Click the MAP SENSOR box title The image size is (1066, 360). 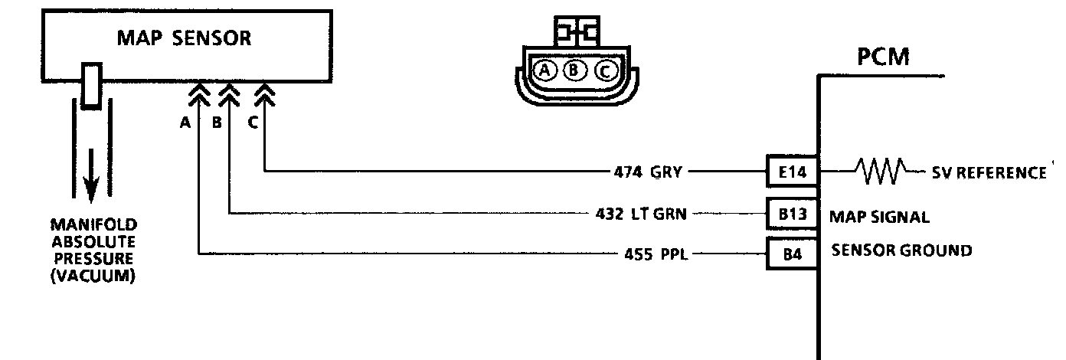[184, 38]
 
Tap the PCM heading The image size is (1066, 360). [883, 57]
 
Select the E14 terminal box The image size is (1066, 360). [792, 172]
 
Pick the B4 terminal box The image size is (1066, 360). [792, 253]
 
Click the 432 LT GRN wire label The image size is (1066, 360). [640, 213]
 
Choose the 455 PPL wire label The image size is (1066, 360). [656, 254]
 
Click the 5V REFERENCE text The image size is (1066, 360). [988, 172]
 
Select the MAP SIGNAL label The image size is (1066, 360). [880, 217]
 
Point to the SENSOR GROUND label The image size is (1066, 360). [902, 250]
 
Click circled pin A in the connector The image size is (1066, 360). [545, 71]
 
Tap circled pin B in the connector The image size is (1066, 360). [574, 71]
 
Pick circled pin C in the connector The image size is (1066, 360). [603, 71]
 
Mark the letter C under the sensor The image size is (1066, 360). [253, 123]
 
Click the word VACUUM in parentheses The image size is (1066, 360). [93, 277]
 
